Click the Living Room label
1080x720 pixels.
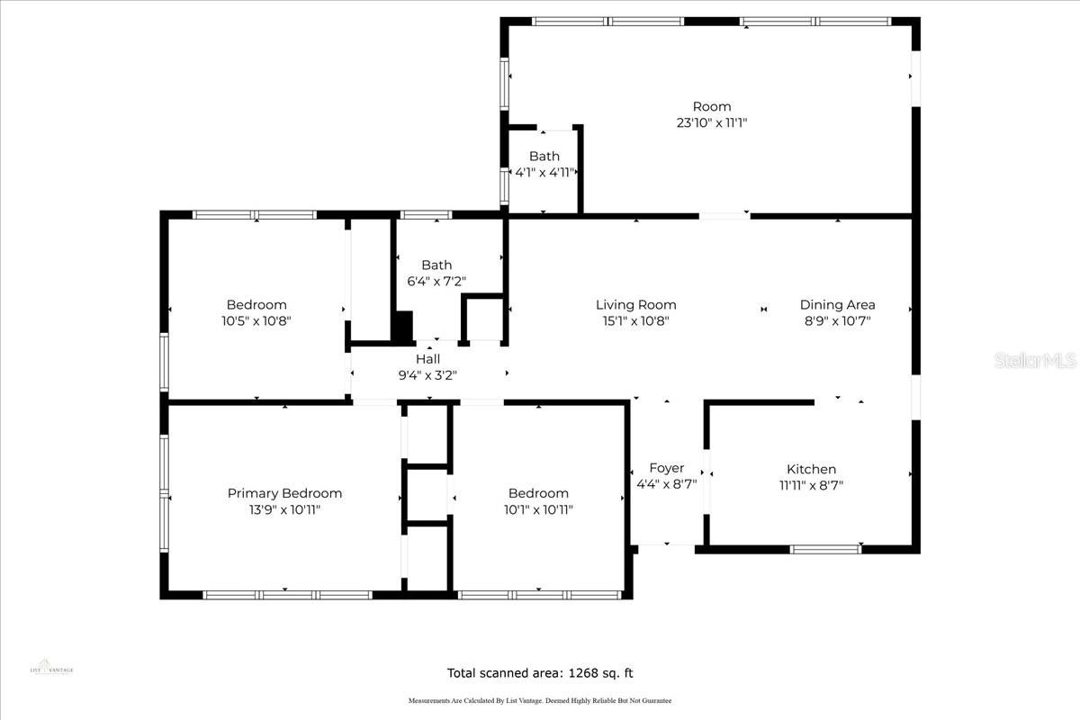(635, 305)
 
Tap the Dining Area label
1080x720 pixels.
(837, 305)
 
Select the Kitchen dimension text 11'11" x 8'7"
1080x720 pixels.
(811, 485)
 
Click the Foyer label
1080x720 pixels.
(666, 468)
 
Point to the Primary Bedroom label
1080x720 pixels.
(284, 493)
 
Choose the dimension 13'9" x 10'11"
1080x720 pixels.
(284, 509)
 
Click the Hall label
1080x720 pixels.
(427, 359)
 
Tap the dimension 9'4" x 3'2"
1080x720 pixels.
(427, 375)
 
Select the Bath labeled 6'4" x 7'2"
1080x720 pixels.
(436, 265)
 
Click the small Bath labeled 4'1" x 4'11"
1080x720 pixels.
(544, 157)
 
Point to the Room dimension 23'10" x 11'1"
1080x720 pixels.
(711, 122)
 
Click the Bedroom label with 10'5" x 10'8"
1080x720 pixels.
(256, 305)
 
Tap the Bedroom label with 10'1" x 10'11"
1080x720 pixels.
(538, 493)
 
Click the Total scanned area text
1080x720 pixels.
(545, 672)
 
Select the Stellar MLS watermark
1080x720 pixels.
(1035, 361)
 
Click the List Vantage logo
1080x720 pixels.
(51, 664)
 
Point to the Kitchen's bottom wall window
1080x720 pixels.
(824, 548)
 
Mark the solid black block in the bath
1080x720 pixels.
(402, 325)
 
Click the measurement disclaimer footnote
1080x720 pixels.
(540, 700)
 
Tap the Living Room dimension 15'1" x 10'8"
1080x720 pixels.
(635, 320)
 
